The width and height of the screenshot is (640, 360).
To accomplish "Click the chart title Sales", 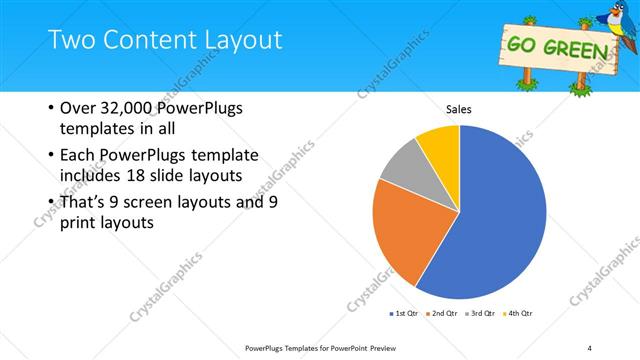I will pos(459,109).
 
